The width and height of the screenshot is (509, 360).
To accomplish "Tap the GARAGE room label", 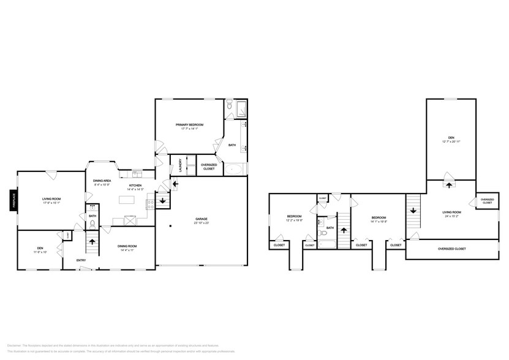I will pyautogui.click(x=202, y=219).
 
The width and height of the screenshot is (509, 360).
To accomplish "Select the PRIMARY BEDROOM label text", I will pyautogui.click(x=192, y=124).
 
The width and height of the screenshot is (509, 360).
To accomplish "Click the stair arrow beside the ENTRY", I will pyautogui.click(x=92, y=241).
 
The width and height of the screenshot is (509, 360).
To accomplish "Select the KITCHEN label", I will pyautogui.click(x=135, y=186).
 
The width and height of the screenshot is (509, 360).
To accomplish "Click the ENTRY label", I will pyautogui.click(x=81, y=261).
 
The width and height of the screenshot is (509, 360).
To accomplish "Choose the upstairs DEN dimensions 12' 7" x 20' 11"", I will pyautogui.click(x=451, y=141).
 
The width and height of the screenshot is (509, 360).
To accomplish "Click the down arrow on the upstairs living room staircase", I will pyautogui.click(x=413, y=211).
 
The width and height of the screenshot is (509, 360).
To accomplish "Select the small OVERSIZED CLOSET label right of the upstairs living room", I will pyautogui.click(x=487, y=201).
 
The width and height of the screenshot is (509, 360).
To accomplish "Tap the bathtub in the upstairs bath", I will pyautogui.click(x=326, y=243).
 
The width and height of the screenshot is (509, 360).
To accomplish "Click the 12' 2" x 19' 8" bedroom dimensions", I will pyautogui.click(x=294, y=220).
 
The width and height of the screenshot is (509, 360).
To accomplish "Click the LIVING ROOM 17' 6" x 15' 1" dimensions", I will pyautogui.click(x=51, y=203).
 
